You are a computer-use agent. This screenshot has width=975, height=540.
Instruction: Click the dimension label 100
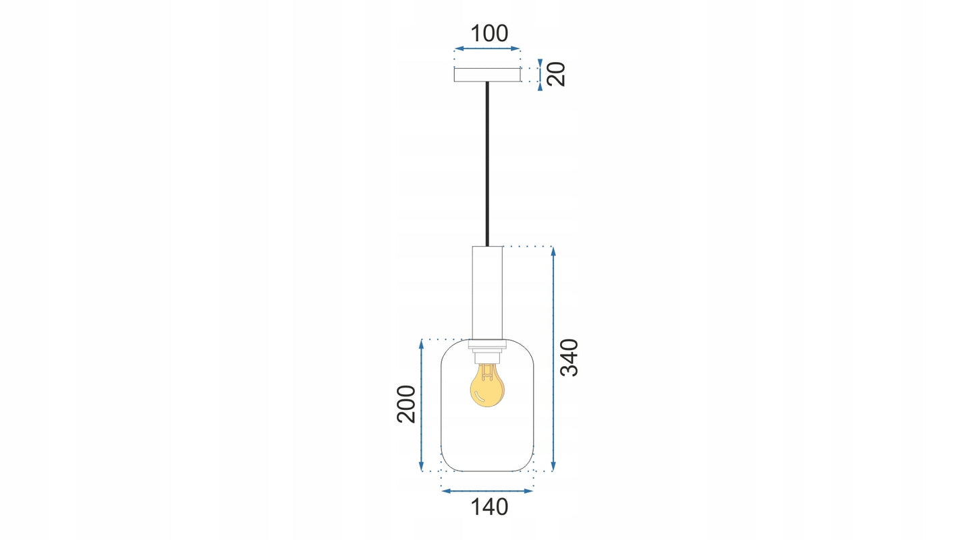[x=489, y=34]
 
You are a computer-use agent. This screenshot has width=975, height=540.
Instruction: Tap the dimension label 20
[x=556, y=74]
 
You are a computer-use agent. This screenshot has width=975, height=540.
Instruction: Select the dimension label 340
[x=569, y=357]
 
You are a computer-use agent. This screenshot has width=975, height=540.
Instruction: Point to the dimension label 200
[x=407, y=404]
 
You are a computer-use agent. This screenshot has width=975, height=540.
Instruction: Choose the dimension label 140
[x=489, y=507]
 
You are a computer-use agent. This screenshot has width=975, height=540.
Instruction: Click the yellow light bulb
[x=487, y=385]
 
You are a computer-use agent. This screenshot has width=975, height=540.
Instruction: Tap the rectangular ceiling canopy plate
[x=487, y=75]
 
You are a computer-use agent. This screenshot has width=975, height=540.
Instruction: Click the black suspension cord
[x=487, y=164]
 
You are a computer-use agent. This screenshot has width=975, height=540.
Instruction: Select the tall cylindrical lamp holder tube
[x=487, y=293]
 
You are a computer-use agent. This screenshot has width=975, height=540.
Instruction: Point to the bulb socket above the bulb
[x=487, y=357]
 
